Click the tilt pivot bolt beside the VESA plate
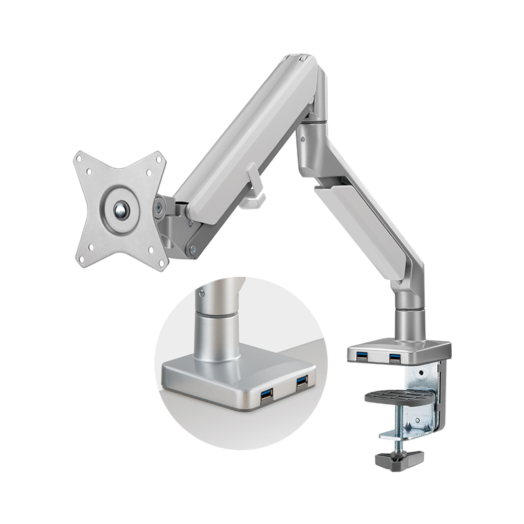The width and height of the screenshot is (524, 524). pos(158,209)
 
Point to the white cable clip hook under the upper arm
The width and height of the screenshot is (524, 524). pos(255,184)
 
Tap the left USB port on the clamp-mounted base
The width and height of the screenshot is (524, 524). pos(362,357)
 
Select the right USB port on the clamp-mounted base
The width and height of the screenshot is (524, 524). pos(395,358)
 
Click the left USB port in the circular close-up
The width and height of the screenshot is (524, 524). pos(267,394)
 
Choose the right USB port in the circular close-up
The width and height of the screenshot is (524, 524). pos(302,381)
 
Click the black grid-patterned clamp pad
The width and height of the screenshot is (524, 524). pos(399,397)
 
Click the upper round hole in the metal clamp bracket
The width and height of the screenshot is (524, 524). pos(419,373)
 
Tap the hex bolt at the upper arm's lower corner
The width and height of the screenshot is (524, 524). pos(193,250)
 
